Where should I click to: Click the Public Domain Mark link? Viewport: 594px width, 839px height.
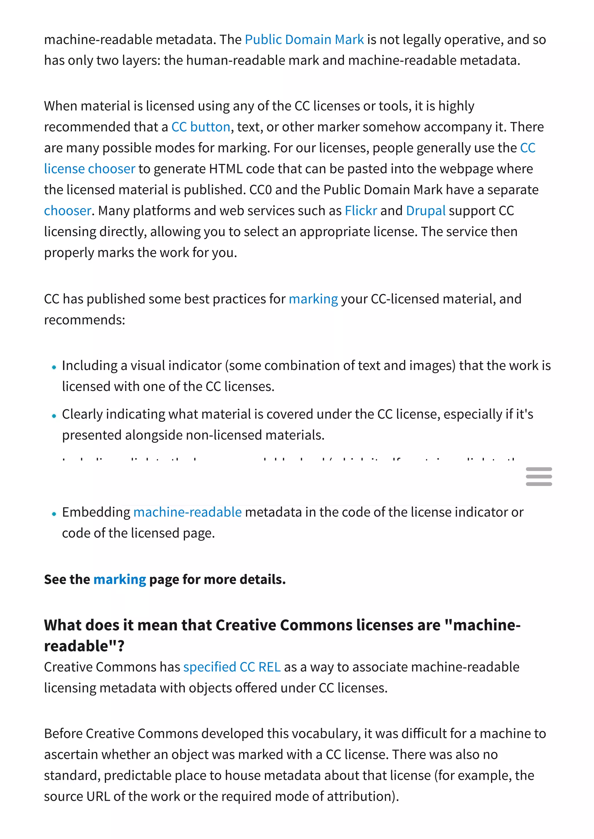coord(304,39)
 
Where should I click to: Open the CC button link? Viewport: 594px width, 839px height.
coord(201,127)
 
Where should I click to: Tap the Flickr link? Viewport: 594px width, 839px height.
coord(361,211)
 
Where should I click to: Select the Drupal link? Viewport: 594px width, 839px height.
coord(425,211)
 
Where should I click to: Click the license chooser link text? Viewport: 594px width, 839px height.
coord(90,169)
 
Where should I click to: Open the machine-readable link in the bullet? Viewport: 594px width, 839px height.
coord(187,512)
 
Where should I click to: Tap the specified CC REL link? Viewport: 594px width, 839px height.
coord(232,667)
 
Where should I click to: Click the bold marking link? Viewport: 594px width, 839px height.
coord(119,579)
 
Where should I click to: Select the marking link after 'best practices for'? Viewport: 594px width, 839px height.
coord(313,299)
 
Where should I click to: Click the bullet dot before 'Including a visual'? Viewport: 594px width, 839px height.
coord(54,367)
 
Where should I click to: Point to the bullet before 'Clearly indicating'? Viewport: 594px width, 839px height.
coord(54,416)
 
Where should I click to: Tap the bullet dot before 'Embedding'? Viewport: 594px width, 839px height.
coord(54,514)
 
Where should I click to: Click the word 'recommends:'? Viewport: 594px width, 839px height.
coord(84,320)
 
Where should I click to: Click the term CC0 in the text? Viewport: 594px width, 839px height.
coord(260,190)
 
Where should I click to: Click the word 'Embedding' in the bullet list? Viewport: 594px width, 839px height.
coord(96,512)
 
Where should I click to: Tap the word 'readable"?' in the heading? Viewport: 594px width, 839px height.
coord(84,646)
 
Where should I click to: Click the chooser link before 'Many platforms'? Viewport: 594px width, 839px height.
coord(67,211)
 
